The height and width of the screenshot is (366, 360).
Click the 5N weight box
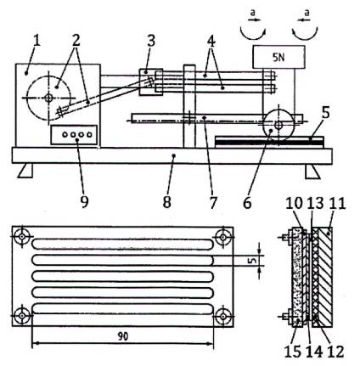click(x=278, y=57)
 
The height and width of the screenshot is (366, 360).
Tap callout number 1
click(x=37, y=42)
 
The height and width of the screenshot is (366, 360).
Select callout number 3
click(x=151, y=41)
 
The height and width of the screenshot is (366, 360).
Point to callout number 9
click(x=84, y=202)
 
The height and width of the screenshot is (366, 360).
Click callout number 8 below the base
click(x=167, y=202)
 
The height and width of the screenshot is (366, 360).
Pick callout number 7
click(x=213, y=203)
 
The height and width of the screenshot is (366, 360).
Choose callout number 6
click(x=247, y=203)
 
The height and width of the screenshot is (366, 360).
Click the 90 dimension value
click(x=123, y=336)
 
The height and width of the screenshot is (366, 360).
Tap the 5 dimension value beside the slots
click(x=254, y=260)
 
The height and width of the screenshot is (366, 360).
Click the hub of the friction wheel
click(x=278, y=125)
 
